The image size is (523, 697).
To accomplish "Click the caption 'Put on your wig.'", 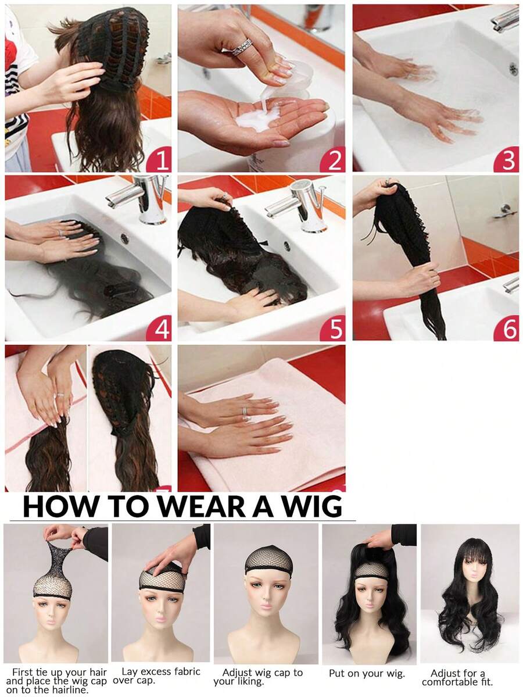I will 367,674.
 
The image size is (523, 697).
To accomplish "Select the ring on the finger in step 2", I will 242,47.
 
